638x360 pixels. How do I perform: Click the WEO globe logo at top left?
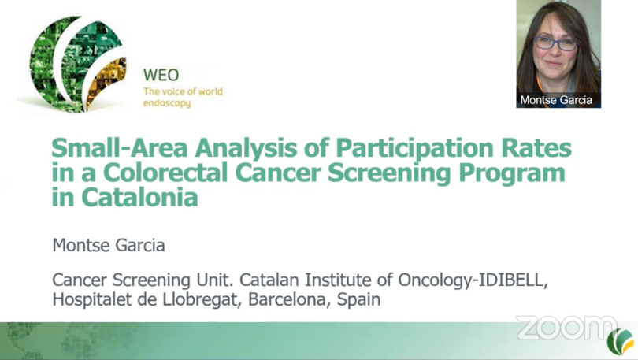click(77, 64)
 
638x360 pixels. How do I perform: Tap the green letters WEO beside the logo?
click(161, 76)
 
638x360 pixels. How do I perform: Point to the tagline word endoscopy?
click(167, 103)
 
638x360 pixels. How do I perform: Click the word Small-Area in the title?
click(120, 147)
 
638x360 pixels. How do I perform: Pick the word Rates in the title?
click(536, 147)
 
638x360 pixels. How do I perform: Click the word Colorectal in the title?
click(165, 173)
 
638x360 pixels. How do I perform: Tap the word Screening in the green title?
click(389, 173)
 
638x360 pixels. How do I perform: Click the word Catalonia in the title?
click(139, 198)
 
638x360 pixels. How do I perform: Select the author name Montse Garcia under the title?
click(109, 245)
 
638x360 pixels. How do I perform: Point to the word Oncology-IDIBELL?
click(473, 280)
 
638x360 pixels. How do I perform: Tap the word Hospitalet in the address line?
click(92, 300)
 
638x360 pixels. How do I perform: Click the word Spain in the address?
click(358, 300)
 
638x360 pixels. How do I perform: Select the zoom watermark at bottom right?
click(567, 328)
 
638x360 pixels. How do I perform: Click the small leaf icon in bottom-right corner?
click(621, 341)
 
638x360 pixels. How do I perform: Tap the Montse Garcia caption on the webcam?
click(556, 100)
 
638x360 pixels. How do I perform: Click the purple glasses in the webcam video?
click(555, 43)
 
